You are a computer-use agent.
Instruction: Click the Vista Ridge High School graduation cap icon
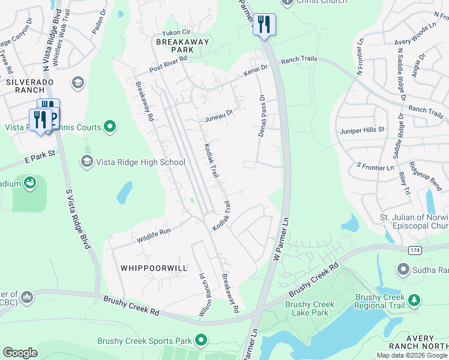(86, 161)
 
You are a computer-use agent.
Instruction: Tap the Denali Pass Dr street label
(262, 115)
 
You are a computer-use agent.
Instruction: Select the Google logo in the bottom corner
(20, 352)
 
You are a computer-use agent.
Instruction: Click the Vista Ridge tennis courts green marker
(109, 126)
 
